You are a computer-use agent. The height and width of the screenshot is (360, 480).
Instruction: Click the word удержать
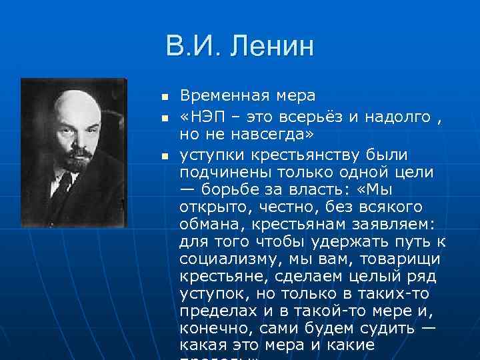tap(345, 241)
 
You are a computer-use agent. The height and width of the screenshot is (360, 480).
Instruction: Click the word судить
tap(377, 328)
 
